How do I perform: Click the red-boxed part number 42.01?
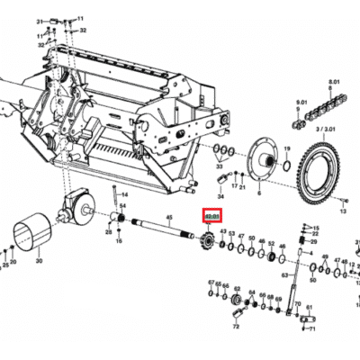[x=212, y=218]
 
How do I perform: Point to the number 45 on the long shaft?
[x=168, y=217]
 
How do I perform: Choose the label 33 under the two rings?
[x=219, y=166]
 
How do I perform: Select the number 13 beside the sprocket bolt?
[x=343, y=212]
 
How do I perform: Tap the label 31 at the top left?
[x=39, y=20]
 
